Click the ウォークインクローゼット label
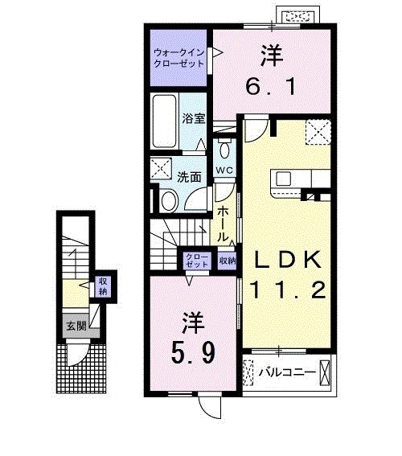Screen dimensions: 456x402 pyautogui.click(x=177, y=58)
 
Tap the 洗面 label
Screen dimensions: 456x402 pyautogui.click(x=189, y=177)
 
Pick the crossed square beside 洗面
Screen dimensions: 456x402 pyautogui.click(x=160, y=170)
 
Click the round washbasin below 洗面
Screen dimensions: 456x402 pyautogui.click(x=168, y=200)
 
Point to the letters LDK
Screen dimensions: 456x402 pyautogui.click(x=288, y=260)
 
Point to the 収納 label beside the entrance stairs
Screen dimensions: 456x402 pyautogui.click(x=102, y=285)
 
